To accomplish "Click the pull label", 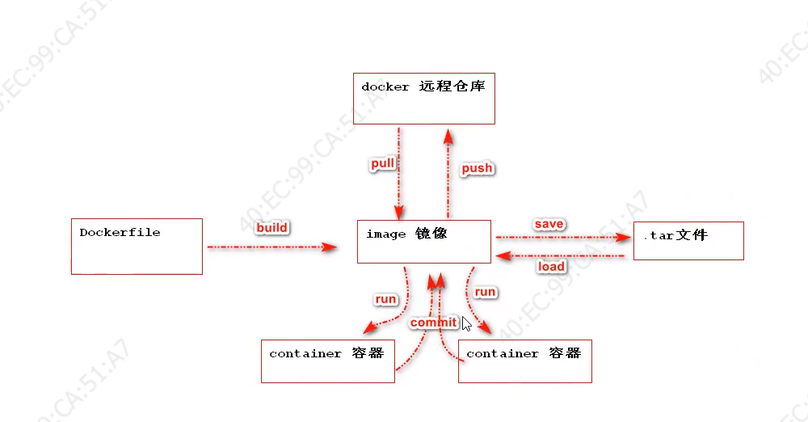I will point(383,163).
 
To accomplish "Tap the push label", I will point(477,168).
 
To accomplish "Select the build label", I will point(271,227).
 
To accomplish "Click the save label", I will point(549,224).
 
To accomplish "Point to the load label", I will point(551,266).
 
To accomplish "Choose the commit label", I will point(433,323).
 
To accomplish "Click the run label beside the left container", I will point(385,299).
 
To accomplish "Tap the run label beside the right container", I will point(486,292).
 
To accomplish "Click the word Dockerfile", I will point(120,233).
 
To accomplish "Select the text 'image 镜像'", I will point(406,234).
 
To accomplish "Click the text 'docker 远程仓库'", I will point(423,86).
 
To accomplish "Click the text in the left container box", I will point(326,354).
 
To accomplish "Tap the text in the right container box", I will point(524,354).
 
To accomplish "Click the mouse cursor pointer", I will point(466,323).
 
